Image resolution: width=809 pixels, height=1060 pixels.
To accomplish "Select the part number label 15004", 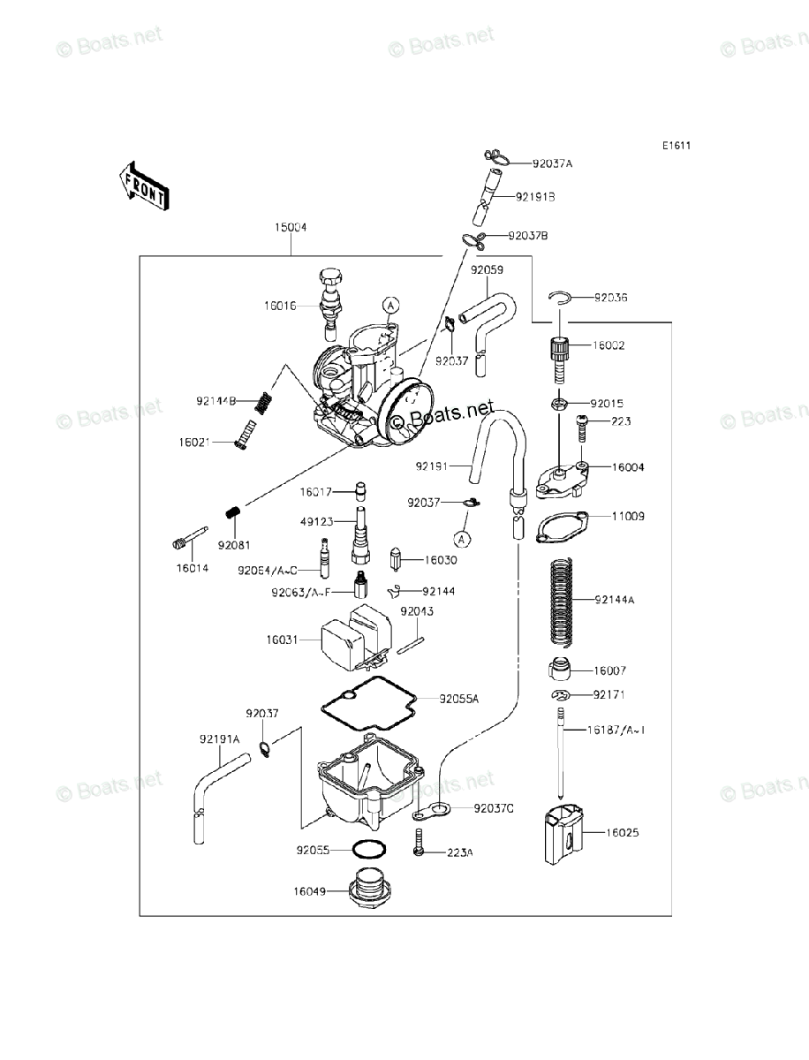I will [x=291, y=228].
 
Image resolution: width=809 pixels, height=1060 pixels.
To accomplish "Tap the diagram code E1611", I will [x=677, y=147].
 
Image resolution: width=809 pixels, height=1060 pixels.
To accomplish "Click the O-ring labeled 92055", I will [x=369, y=850].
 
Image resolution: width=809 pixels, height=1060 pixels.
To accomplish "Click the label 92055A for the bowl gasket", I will [x=459, y=699].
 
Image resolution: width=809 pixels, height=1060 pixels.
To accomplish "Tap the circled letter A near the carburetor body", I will [x=390, y=305].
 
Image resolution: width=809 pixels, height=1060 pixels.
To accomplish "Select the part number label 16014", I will [x=192, y=568].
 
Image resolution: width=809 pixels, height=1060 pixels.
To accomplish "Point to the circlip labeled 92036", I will [x=559, y=299].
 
